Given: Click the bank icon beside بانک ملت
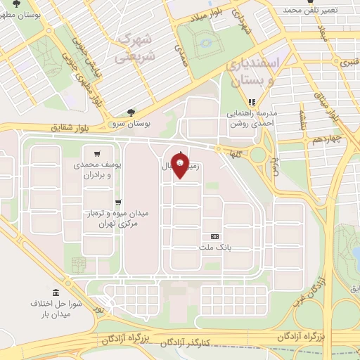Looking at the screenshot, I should point(214,236).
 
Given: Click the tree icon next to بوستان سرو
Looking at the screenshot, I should point(130,112).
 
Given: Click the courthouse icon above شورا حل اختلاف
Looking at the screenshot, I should point(56,292).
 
